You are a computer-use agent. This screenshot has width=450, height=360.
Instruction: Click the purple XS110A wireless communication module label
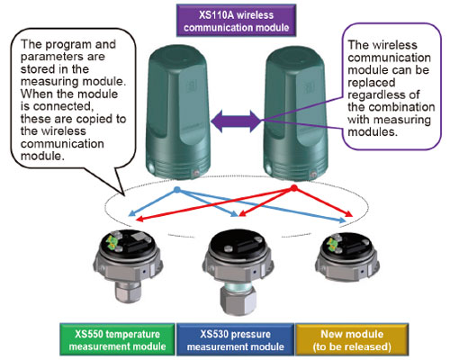click(x=236, y=21)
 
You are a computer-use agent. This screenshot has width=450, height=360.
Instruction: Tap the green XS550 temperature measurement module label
click(x=117, y=339)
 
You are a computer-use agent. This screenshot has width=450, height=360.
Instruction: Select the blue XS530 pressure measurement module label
click(x=235, y=339)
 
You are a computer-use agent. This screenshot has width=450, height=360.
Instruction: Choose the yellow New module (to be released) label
click(x=352, y=339)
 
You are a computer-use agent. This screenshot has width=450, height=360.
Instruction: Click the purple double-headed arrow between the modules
click(x=236, y=121)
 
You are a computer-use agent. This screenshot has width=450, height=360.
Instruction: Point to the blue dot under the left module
click(x=177, y=190)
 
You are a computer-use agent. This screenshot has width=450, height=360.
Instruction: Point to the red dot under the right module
click(x=294, y=188)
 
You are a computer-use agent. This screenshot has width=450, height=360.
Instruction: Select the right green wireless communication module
click(x=295, y=113)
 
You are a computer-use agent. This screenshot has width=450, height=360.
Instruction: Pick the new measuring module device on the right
click(x=347, y=257)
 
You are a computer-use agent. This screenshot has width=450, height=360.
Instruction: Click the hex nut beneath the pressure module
click(x=238, y=301)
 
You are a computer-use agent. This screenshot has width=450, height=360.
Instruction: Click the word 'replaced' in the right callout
click(x=372, y=83)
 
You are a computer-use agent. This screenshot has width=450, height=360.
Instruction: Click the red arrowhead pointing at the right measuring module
click(x=349, y=214)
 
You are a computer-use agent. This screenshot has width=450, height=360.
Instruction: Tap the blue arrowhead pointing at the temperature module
click(x=131, y=213)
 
